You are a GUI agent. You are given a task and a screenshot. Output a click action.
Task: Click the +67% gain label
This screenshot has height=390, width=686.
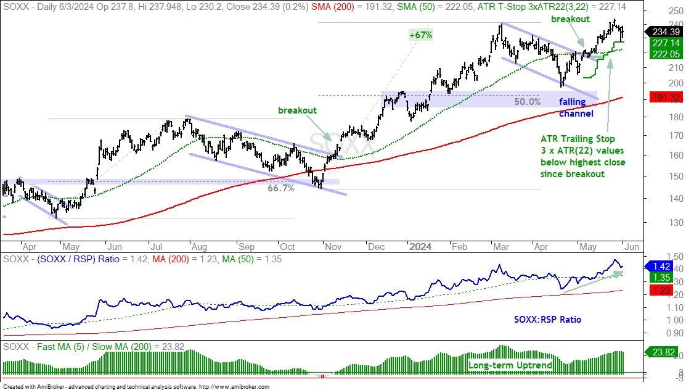(420, 35)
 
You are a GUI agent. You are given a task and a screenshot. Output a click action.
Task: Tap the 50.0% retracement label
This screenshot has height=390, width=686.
(527, 102)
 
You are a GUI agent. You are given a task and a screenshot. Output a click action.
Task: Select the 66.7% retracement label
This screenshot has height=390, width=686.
(281, 188)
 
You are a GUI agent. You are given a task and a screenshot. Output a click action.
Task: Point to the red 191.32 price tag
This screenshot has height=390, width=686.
(666, 97)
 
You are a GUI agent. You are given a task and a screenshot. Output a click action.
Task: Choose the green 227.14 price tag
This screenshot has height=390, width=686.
(666, 43)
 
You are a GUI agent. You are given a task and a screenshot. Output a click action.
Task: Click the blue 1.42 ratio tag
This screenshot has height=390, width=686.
(661, 267)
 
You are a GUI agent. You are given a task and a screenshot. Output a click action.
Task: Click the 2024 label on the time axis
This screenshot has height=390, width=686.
(420, 247)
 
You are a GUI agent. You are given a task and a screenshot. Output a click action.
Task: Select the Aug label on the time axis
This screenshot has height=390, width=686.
(199, 247)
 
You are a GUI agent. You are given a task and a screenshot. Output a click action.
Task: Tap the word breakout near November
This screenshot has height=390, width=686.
(298, 110)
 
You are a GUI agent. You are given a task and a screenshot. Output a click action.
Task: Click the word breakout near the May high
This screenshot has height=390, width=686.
(571, 19)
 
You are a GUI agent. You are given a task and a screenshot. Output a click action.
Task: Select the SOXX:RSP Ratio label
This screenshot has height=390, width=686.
(548, 320)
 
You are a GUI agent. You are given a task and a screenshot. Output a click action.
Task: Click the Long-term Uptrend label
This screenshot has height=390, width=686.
(510, 365)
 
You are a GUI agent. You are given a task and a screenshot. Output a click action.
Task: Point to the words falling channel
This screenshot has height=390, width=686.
(576, 108)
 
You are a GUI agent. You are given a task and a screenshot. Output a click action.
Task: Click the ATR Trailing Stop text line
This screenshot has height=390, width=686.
(578, 139)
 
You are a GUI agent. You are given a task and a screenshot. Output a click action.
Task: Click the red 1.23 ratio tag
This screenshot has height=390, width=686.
(661, 290)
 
